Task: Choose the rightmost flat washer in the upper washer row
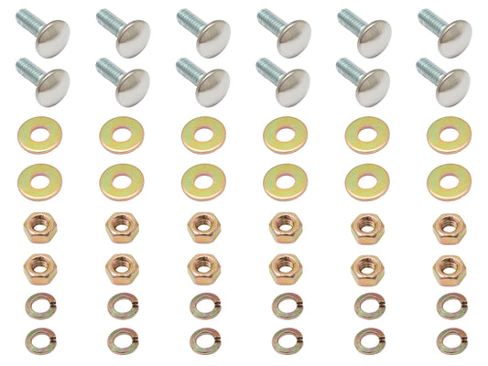[449, 135]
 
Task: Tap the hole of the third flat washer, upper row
[201, 134]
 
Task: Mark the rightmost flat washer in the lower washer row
[449, 179]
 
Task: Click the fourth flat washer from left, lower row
[284, 179]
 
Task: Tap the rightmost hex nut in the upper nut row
[449, 225]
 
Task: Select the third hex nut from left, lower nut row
[201, 265]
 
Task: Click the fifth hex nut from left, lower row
[366, 265]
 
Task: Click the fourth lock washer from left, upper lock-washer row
[284, 306]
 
